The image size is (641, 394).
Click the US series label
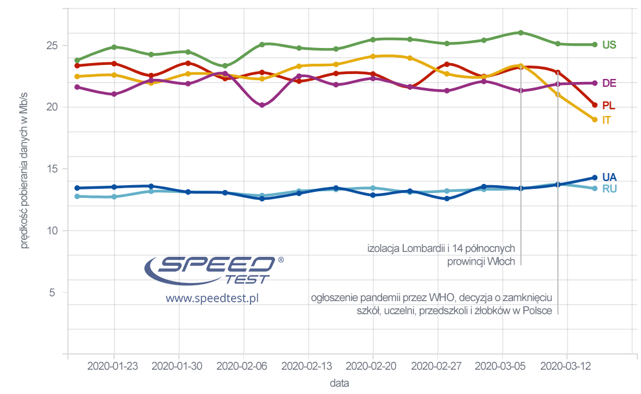point(609,45)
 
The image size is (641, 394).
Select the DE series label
point(609,83)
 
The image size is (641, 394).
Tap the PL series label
point(608,106)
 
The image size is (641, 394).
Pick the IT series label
point(606,120)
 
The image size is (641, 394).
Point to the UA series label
point(609,177)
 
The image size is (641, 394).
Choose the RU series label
point(609,189)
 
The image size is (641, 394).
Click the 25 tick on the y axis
point(52,46)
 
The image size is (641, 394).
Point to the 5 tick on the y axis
point(54,293)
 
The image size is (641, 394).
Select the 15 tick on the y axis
point(52,169)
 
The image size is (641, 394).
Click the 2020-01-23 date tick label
point(114,366)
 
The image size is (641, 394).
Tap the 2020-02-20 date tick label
point(373,366)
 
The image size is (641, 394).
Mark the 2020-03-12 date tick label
point(566,366)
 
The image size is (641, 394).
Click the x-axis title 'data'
point(339,384)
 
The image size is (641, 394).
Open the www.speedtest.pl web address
point(212,299)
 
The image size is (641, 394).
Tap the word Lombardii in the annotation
point(424,248)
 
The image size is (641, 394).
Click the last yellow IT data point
point(595,120)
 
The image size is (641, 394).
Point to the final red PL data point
point(595,105)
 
